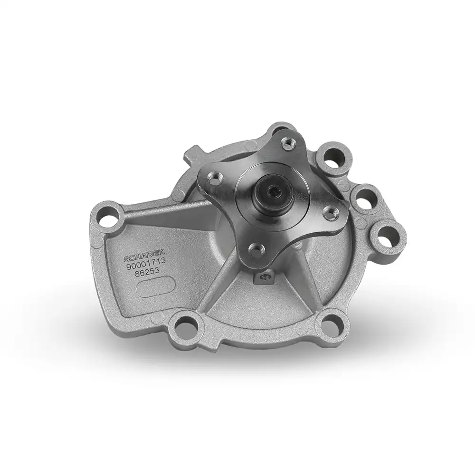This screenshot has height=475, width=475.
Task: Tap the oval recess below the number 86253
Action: point(156,289)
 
